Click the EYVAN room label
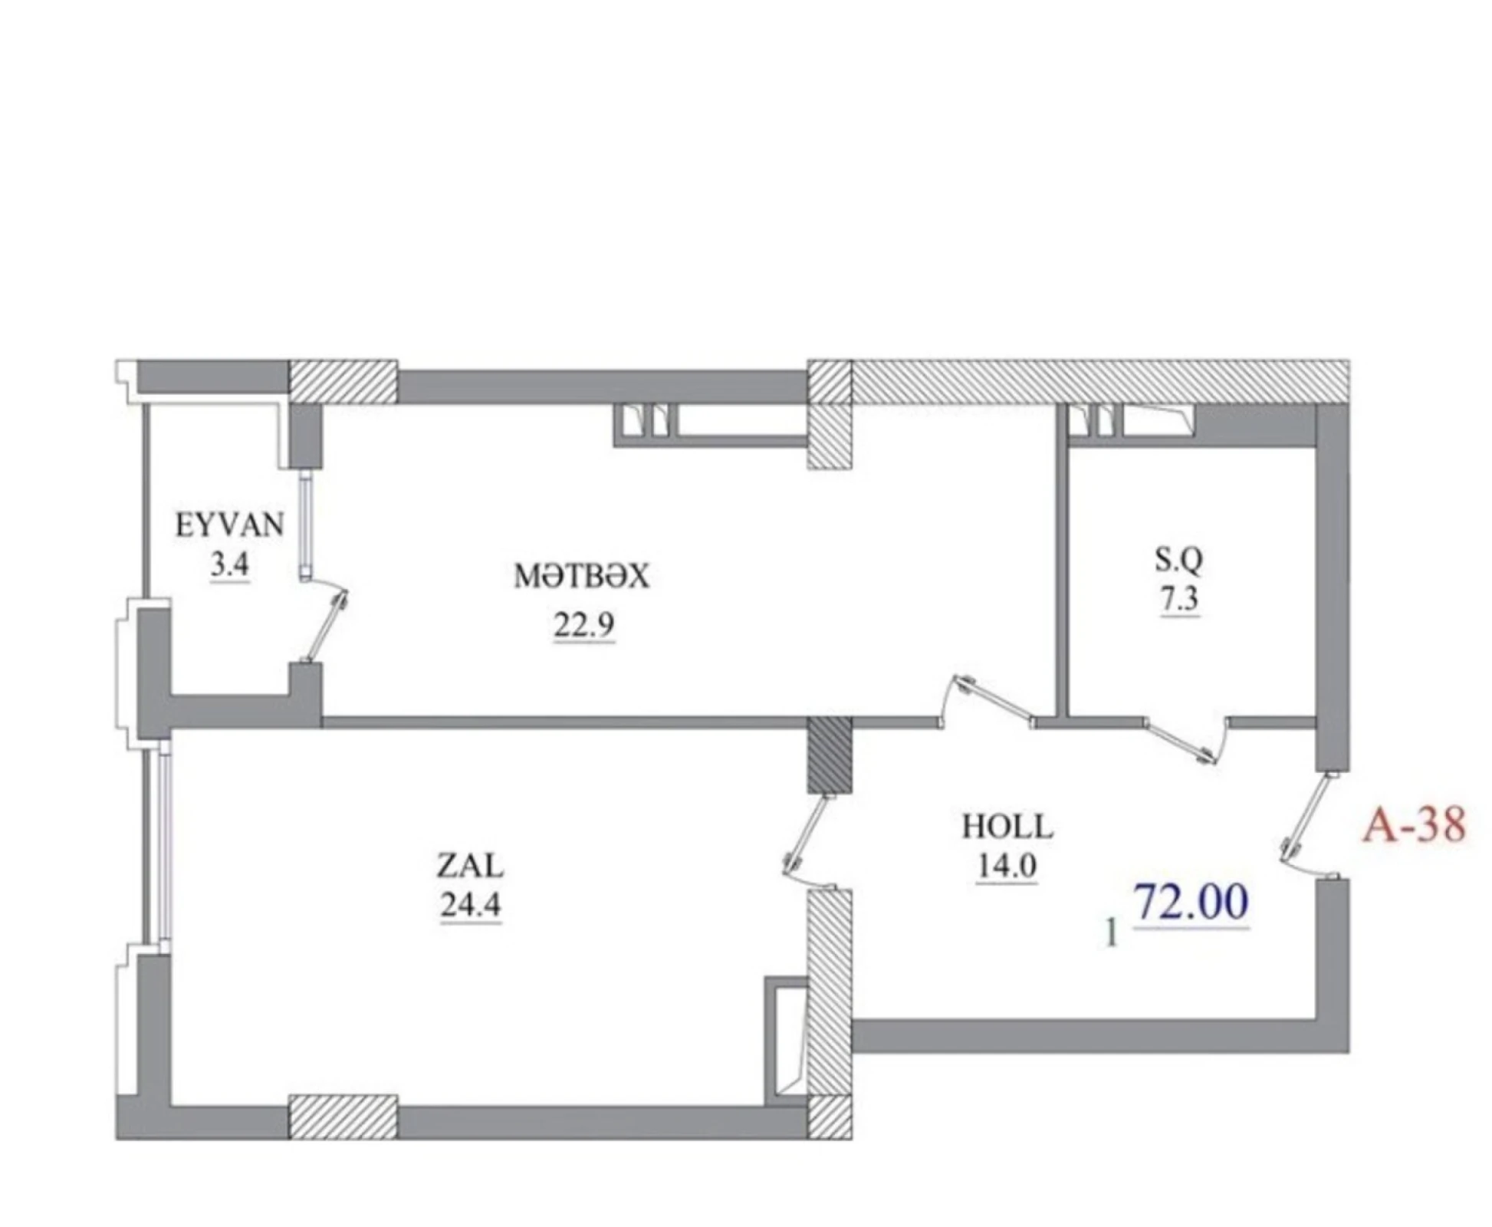(229, 525)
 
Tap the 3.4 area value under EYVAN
(229, 566)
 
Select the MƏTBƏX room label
(581, 576)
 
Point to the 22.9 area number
(583, 626)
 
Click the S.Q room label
(1178, 561)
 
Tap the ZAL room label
(470, 866)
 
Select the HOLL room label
(1007, 827)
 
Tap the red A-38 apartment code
(1414, 825)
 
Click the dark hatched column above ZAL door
(830, 755)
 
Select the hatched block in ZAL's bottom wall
(343, 1117)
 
